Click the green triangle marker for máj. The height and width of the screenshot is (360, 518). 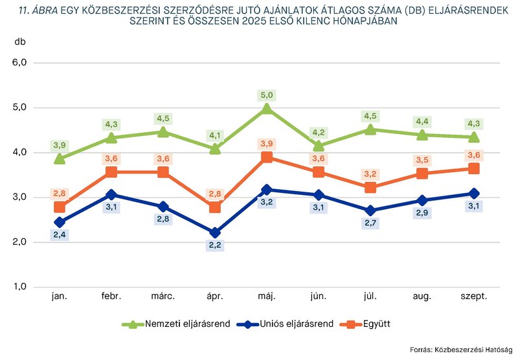(x=267, y=109)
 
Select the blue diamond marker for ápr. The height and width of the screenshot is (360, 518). (x=215, y=232)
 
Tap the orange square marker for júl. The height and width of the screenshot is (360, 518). (x=370, y=187)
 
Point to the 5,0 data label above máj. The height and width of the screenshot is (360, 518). (x=267, y=95)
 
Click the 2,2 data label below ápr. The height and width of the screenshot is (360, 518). (x=215, y=245)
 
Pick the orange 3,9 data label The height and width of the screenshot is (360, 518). (x=267, y=143)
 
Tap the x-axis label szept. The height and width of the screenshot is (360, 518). (x=474, y=296)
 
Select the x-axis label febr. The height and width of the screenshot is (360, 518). (x=111, y=296)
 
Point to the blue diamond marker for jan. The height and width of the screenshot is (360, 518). (x=60, y=222)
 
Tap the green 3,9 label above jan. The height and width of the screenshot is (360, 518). (x=60, y=144)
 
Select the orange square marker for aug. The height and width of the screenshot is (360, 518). (x=422, y=174)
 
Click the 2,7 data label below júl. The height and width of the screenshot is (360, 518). (x=370, y=223)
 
